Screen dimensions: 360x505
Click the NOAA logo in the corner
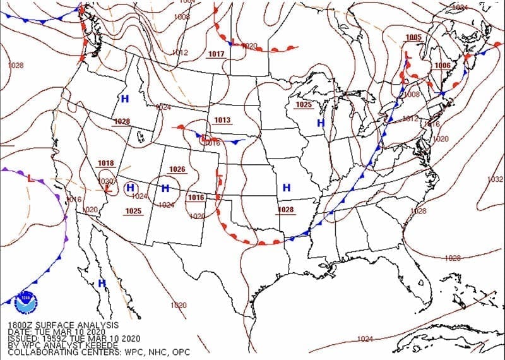point(26,301)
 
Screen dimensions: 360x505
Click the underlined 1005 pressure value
point(414,37)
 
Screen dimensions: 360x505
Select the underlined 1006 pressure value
point(443,66)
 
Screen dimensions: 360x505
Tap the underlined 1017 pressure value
point(216,54)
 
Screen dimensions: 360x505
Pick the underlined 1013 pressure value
point(222,120)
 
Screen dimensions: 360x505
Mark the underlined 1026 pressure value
point(177,169)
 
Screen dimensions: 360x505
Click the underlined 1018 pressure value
point(106,164)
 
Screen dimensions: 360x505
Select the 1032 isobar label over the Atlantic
point(495,179)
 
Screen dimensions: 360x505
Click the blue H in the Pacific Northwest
point(124,99)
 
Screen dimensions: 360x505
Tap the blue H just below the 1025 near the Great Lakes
point(321,123)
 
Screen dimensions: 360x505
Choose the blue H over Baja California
point(102,284)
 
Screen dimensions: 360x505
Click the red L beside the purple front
point(31,178)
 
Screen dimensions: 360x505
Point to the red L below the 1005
point(408,56)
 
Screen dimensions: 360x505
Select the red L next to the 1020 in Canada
point(233,43)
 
